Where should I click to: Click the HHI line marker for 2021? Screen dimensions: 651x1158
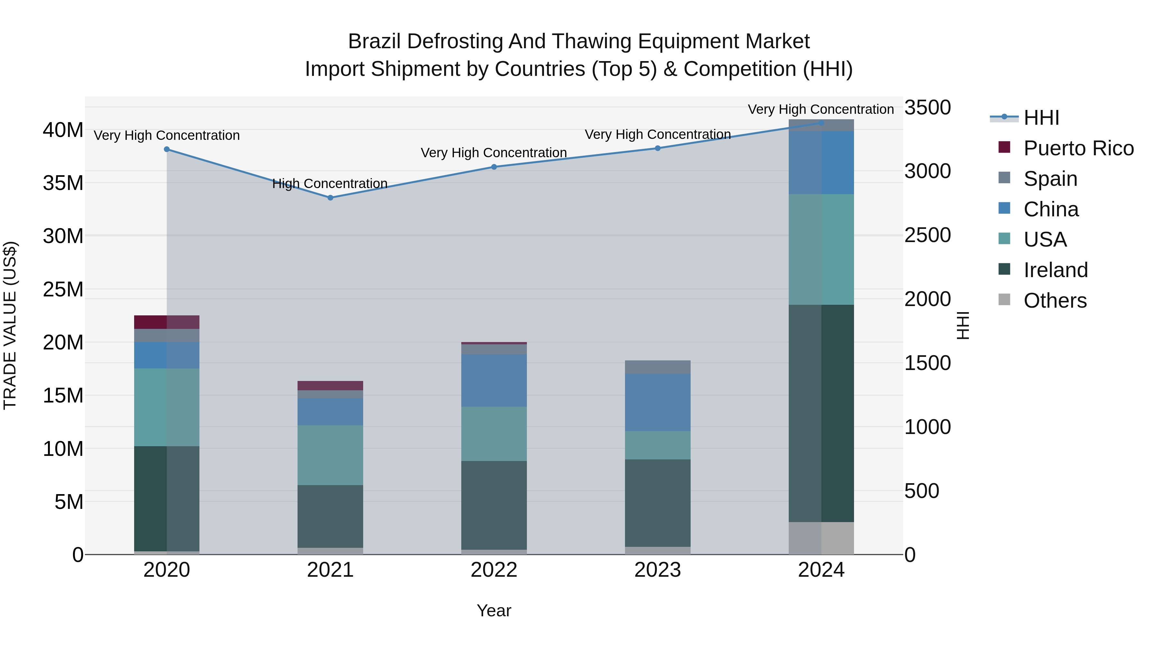point(330,198)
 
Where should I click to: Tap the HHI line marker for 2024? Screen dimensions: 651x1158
point(821,123)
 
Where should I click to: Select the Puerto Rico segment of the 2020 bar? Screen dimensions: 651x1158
point(166,322)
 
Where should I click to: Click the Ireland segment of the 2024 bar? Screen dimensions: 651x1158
point(821,413)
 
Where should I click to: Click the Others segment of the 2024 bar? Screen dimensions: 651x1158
point(821,538)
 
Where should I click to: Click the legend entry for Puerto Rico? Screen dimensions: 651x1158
point(1078,148)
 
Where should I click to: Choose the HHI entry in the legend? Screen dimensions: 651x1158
point(1041,118)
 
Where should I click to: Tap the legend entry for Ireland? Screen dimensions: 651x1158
point(1055,270)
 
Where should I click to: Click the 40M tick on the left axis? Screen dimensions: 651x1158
point(63,130)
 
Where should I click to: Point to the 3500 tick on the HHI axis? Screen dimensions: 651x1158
point(927,108)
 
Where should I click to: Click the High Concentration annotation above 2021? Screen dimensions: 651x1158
point(330,184)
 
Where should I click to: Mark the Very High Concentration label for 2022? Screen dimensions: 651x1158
point(493,153)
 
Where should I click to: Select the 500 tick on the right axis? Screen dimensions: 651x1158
point(921,491)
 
